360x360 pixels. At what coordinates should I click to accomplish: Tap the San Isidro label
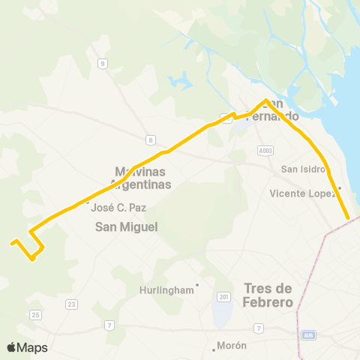(x=301, y=169)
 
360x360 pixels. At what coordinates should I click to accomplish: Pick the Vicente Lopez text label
(x=302, y=193)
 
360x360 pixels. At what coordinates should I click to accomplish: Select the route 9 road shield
(x=100, y=64)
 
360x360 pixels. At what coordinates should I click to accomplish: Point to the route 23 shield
(x=71, y=304)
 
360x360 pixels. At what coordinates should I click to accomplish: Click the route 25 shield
(x=35, y=315)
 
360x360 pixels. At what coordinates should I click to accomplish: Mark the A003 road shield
(x=264, y=150)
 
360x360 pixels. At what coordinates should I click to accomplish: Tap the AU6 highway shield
(x=308, y=335)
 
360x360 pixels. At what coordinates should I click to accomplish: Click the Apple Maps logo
(x=27, y=347)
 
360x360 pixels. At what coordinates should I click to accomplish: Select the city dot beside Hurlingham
(x=197, y=284)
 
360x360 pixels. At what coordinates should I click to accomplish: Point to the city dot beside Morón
(x=214, y=346)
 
